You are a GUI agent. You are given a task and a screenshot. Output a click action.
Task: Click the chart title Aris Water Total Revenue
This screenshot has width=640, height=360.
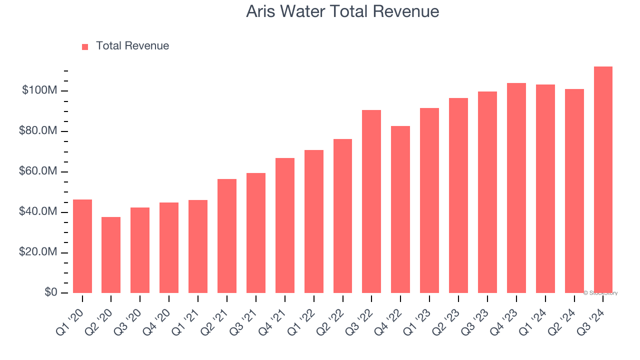coord(342,11)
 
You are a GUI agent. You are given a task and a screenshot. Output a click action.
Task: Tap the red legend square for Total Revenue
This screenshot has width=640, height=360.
coord(85,46)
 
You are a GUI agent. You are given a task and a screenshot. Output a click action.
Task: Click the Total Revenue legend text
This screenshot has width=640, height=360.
coord(132,46)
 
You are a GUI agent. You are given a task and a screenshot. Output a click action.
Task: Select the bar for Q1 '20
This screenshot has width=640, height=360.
coord(82,246)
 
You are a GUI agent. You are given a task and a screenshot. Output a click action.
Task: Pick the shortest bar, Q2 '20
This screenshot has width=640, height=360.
coord(111,255)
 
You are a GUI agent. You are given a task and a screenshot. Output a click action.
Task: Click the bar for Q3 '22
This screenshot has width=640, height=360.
coord(371,201)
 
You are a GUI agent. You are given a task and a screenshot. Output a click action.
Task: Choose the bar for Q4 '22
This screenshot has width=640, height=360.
coord(400,209)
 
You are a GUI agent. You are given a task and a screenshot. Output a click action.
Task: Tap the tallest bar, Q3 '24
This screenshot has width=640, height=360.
coord(603,179)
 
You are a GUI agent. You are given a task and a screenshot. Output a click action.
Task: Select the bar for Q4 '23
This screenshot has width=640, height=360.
coord(516,188)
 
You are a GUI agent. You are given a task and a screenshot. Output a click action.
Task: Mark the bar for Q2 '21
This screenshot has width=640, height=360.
coord(227,236)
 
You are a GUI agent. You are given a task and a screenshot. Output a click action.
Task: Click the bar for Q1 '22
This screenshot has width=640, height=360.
coord(313,221)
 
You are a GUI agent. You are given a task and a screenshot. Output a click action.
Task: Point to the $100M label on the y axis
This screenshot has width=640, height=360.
coord(39,90)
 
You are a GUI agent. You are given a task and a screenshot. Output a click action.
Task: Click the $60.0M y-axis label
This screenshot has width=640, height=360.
coord(38,171)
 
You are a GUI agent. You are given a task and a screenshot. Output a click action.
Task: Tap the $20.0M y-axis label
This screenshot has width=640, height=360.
coord(38,252)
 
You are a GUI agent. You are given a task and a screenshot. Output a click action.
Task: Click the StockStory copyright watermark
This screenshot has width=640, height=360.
coord(600,293)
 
